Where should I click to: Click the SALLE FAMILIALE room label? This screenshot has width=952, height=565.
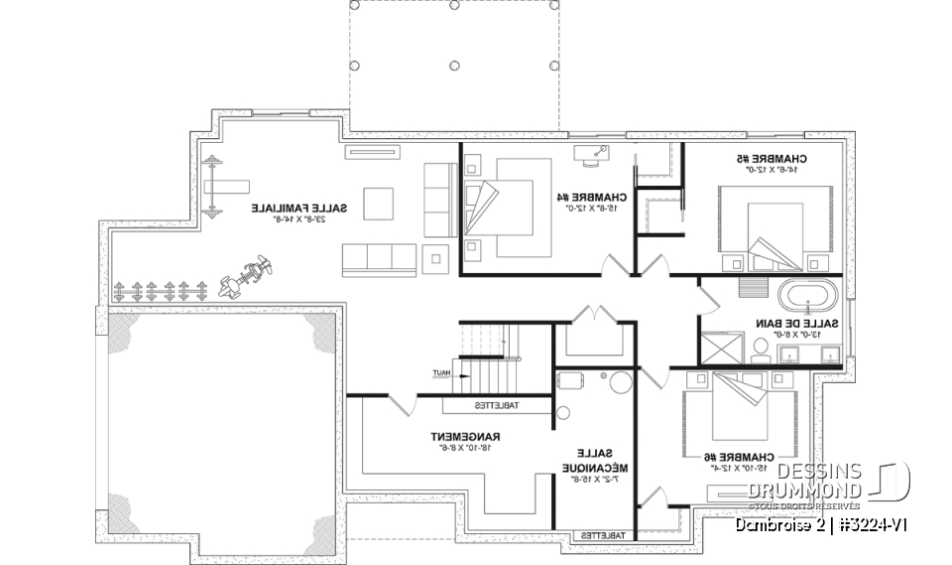[298, 209]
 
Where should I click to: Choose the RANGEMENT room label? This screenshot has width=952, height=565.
[464, 437]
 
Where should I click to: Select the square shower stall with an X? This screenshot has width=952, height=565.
[721, 349]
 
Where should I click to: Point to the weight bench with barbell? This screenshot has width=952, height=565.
[225, 186]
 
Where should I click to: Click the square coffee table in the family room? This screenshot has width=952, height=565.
[378, 203]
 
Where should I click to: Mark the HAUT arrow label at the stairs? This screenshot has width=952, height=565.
[441, 373]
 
